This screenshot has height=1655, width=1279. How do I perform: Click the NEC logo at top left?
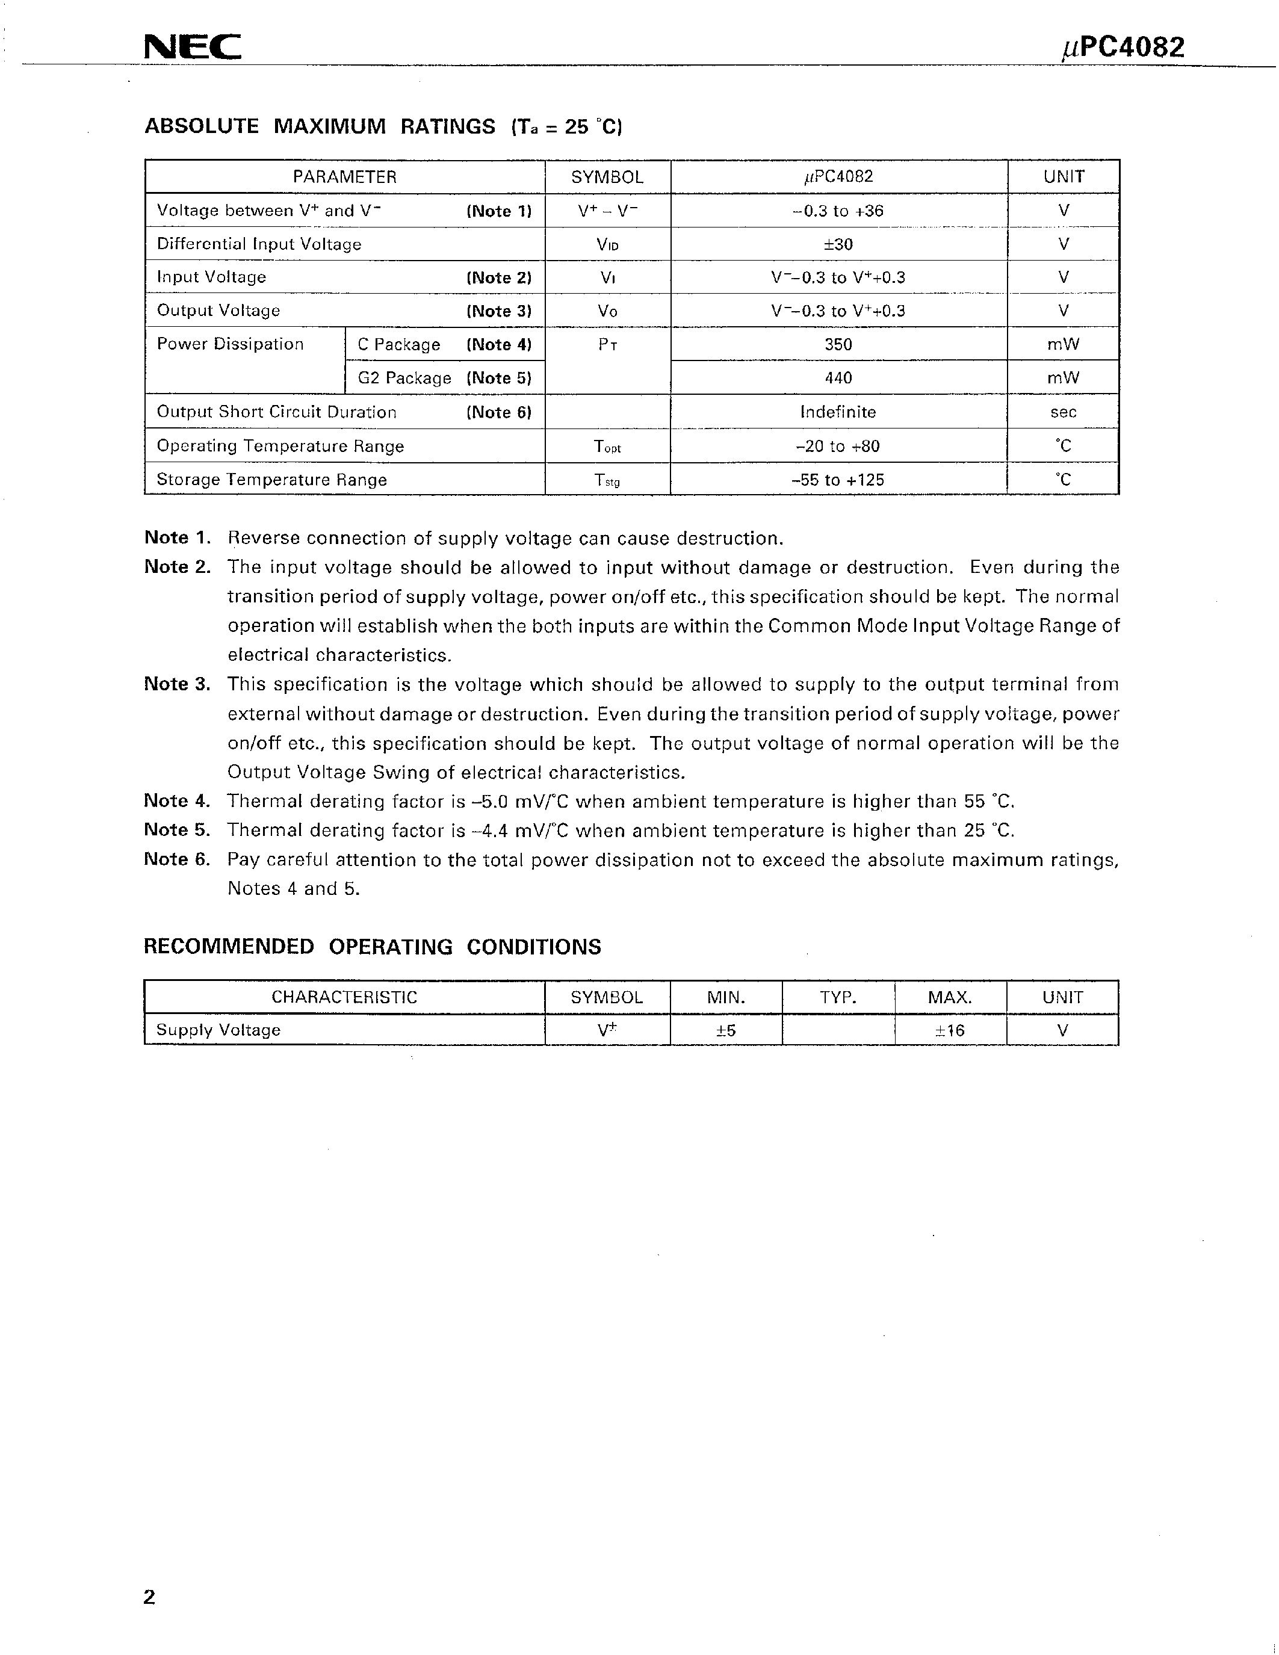[x=193, y=49]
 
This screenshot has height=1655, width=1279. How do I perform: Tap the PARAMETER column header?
[x=345, y=178]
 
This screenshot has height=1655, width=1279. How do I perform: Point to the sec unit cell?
[x=1063, y=412]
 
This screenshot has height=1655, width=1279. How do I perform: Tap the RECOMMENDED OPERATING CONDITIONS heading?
[x=372, y=947]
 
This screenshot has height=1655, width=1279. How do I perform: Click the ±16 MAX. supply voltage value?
[x=950, y=1030]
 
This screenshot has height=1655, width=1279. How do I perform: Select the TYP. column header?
[x=838, y=997]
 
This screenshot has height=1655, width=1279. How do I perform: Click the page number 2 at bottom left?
[x=149, y=1597]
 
